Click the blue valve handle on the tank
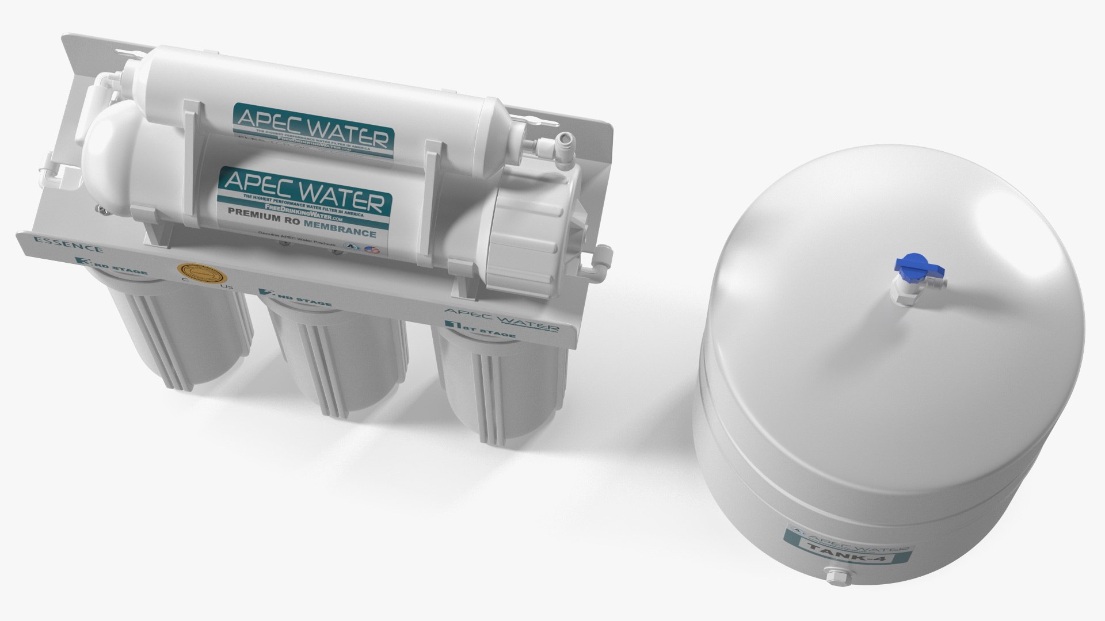pos(909,266)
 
